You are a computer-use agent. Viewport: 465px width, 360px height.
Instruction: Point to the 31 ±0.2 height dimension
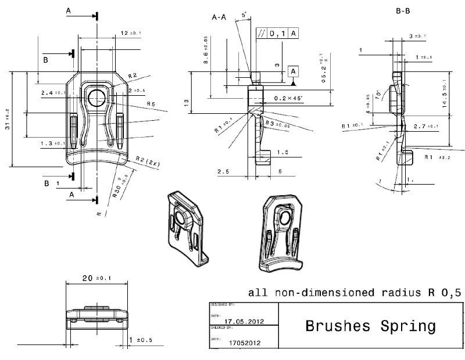click(x=8, y=119)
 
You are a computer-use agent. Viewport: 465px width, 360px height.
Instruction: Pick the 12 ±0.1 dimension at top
click(x=128, y=34)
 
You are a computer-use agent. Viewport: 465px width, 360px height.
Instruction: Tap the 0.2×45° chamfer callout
click(x=290, y=99)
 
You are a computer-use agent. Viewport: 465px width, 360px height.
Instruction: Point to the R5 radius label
click(x=151, y=104)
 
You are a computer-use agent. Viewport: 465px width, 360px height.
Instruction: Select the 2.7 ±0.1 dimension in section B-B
click(x=425, y=126)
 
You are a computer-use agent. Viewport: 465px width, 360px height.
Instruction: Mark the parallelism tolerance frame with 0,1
click(x=278, y=34)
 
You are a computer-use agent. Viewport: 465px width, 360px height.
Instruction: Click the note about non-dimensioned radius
click(x=355, y=293)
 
